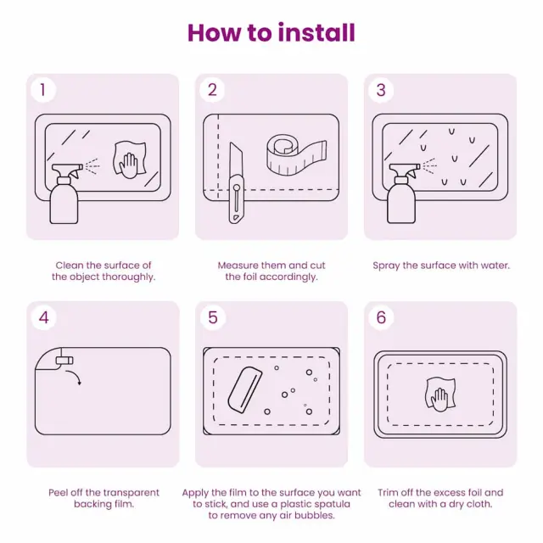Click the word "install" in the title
316,33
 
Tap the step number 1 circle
43,90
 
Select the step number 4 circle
43,317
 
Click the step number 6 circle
381,317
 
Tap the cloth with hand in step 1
130,160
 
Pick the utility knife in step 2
236,183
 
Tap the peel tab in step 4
64,361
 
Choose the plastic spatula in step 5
244,389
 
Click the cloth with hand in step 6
440,395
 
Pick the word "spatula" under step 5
332,504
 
